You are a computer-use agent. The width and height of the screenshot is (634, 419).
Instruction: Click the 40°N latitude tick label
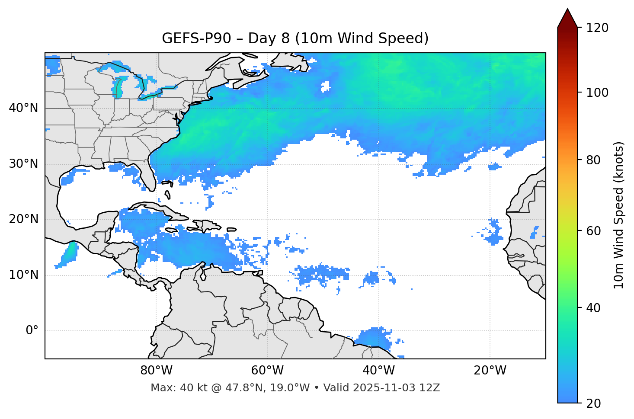coord(23,108)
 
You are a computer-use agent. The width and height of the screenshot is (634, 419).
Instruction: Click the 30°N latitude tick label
coord(23,164)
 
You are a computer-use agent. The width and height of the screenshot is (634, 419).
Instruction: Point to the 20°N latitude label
coord(23,220)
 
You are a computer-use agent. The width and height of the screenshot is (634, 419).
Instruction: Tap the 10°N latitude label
coord(23,275)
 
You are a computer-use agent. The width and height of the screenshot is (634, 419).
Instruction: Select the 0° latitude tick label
coord(32,331)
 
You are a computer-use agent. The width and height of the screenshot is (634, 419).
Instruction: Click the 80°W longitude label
coord(156,371)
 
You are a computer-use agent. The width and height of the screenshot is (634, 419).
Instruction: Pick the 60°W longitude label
coord(267,371)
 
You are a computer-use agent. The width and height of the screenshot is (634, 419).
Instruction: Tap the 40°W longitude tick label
coord(378,371)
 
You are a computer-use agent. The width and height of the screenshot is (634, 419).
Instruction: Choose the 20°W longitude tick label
coord(490,371)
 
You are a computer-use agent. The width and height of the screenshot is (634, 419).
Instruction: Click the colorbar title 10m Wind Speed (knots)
coord(619,215)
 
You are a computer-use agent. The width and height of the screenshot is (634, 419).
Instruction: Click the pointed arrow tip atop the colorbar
coord(567,10)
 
